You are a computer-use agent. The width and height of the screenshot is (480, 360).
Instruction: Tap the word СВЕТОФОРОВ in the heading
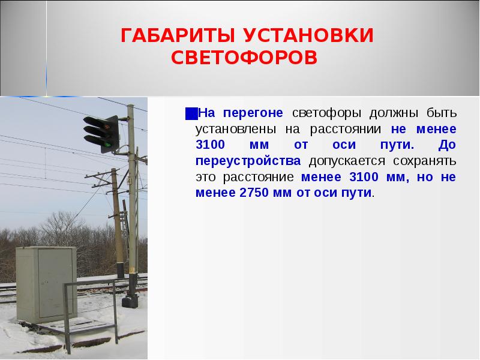click(x=244, y=58)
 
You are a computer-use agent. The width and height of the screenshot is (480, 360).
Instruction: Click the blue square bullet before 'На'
click(x=190, y=113)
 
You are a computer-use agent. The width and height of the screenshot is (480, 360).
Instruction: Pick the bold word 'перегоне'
click(x=259, y=113)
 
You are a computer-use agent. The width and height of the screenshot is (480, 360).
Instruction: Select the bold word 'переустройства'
click(x=248, y=161)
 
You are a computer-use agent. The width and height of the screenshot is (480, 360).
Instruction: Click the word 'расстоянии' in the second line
click(x=350, y=130)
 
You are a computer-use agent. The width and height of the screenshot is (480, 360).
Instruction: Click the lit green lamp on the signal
click(x=106, y=144)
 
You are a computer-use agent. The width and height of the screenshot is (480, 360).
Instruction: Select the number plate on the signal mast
click(x=128, y=179)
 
